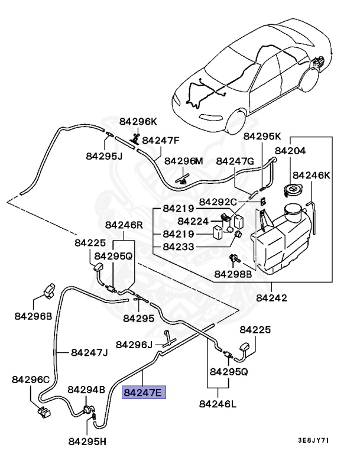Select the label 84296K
138,121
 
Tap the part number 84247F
160,141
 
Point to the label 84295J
104,156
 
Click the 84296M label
183,161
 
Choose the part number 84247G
235,161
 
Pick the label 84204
289,151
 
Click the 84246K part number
312,175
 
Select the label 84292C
218,202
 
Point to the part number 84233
181,247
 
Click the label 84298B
233,274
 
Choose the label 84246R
124,225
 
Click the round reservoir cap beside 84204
292,190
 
